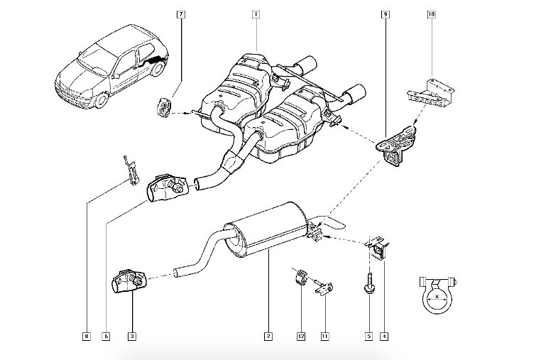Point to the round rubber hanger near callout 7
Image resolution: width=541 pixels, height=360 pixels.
pyautogui.click(x=163, y=108)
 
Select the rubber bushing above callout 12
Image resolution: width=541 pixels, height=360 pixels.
pyautogui.click(x=300, y=276)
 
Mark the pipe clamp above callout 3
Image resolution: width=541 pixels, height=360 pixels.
pyautogui.click(x=127, y=282)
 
